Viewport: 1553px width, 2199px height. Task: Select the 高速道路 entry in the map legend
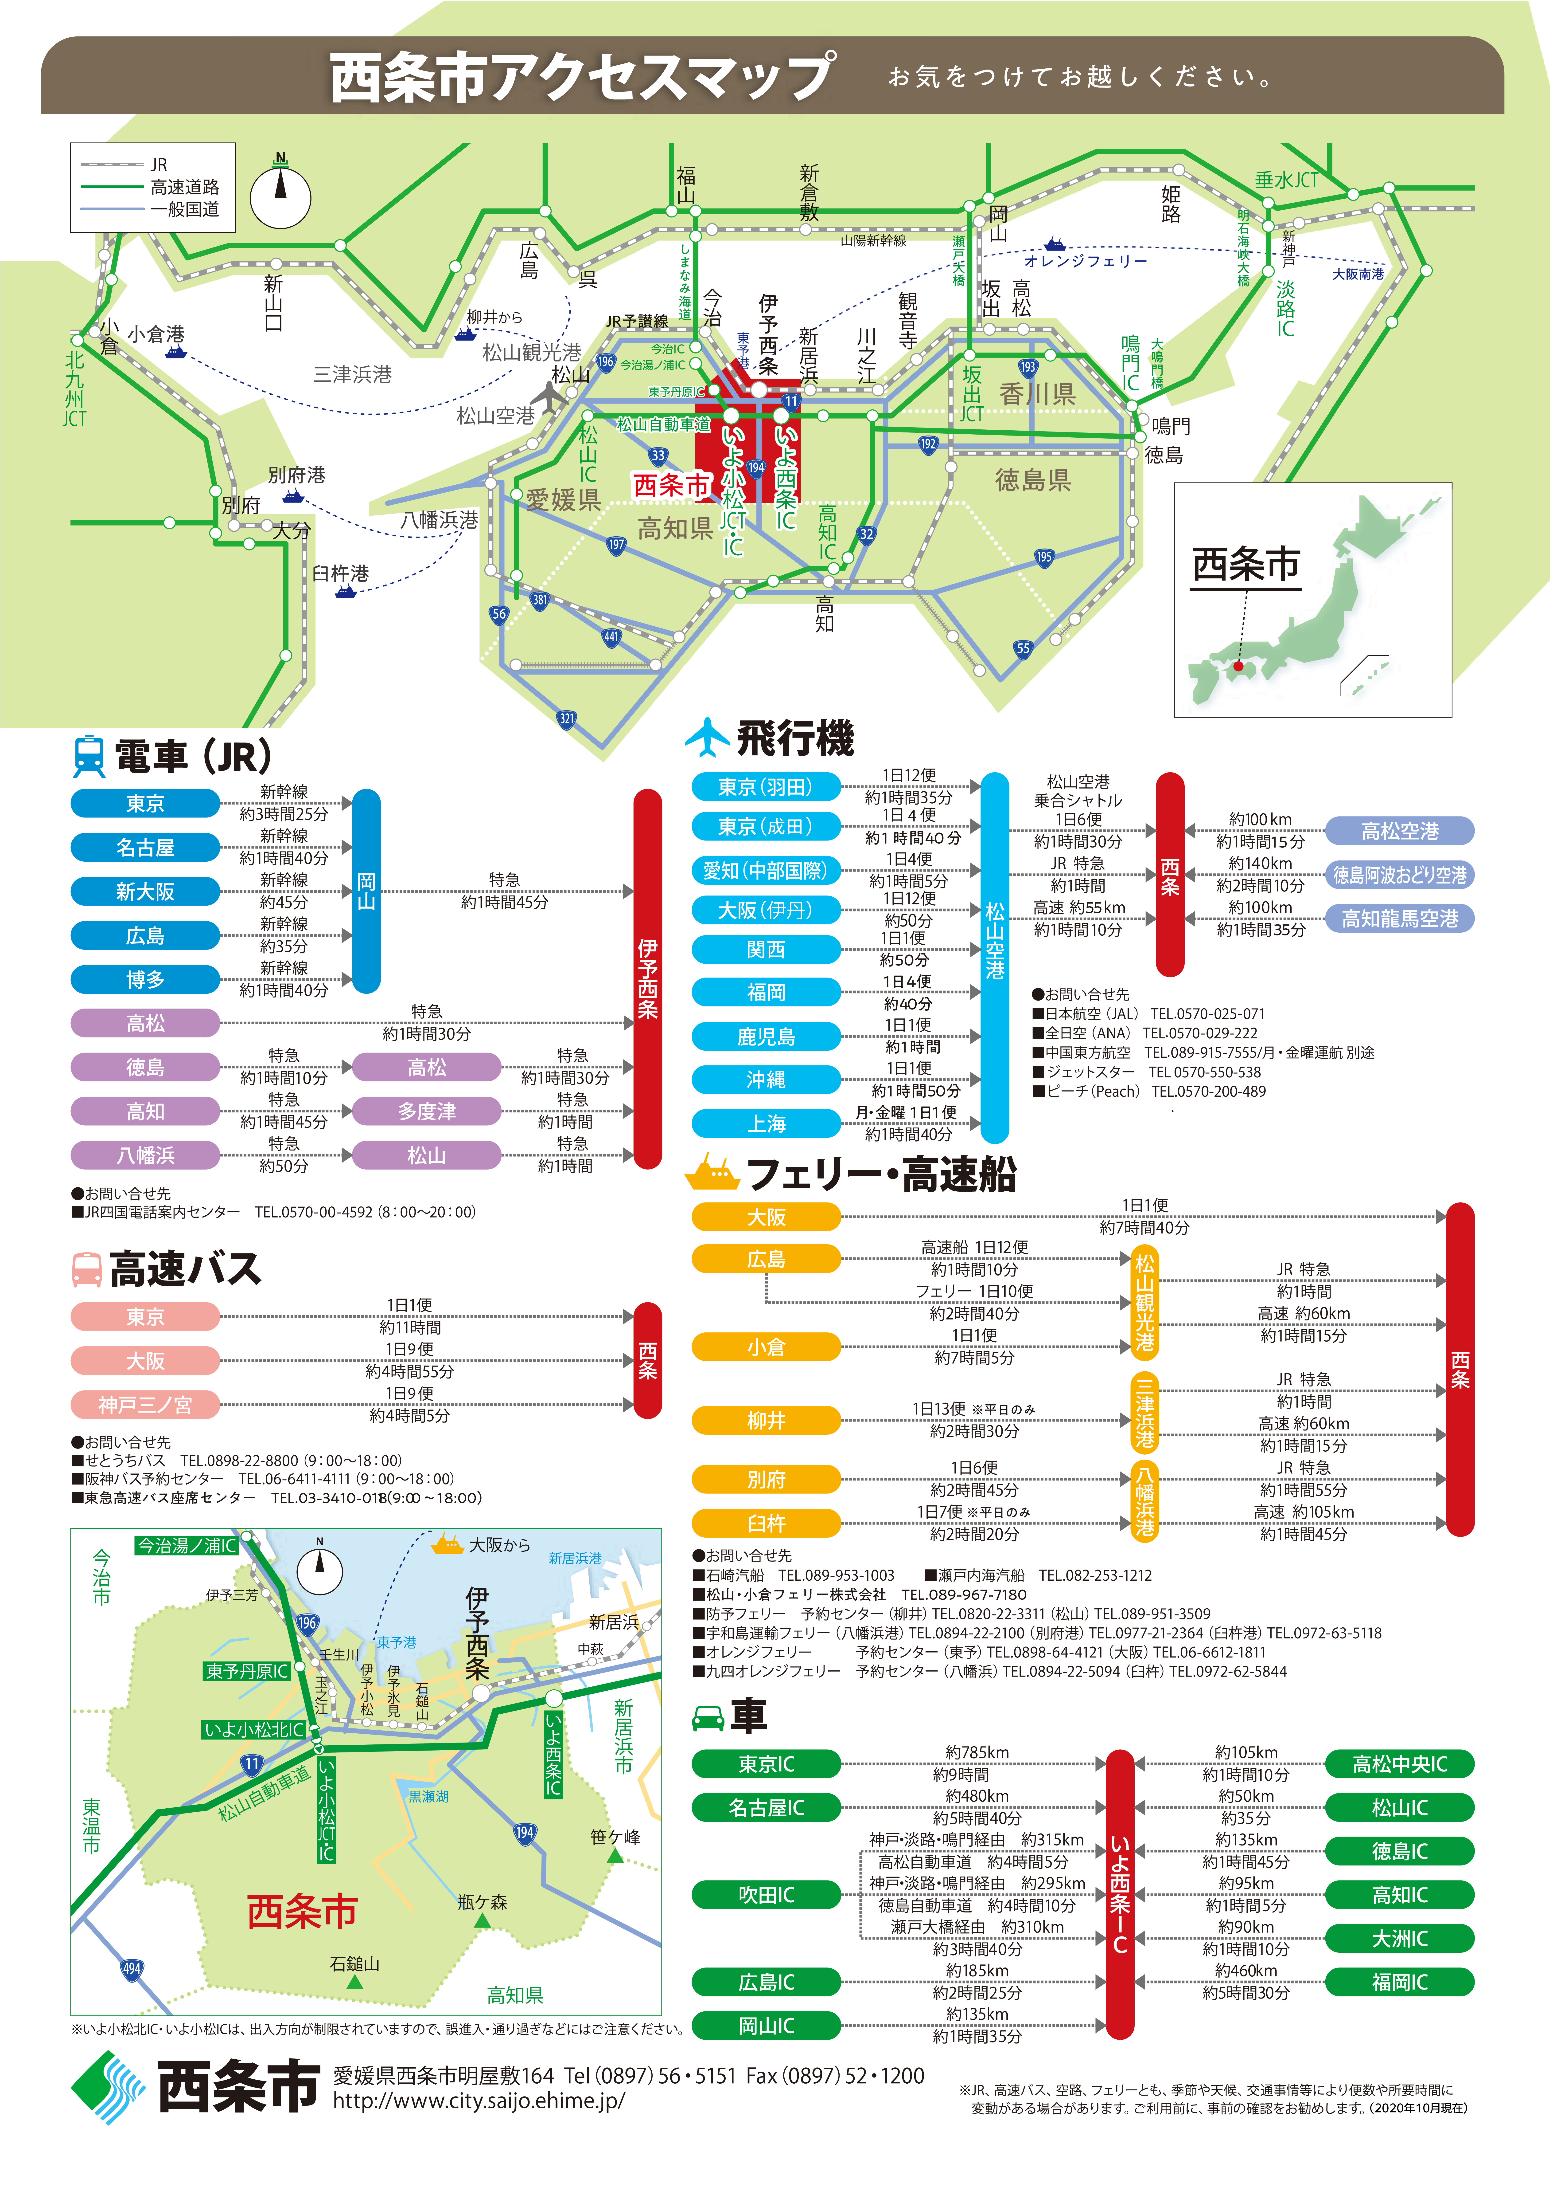click(184, 187)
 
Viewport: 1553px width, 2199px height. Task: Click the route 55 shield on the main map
click(1023, 648)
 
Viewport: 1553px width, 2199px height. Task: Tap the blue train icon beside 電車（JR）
click(89, 756)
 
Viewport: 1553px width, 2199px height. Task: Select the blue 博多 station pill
click(146, 979)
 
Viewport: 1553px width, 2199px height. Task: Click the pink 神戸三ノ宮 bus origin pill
click(146, 1404)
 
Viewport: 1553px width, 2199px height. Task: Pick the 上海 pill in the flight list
click(766, 1123)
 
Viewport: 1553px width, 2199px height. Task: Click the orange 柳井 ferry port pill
click(766, 1419)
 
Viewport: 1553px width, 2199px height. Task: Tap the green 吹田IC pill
click(766, 1894)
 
